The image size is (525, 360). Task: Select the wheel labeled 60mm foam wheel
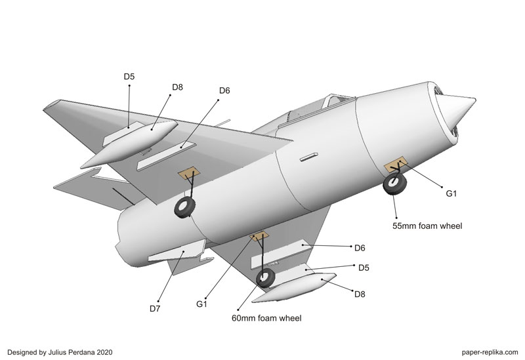(266, 278)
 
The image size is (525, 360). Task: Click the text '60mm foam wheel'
(266, 319)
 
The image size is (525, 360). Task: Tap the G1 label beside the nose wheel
(451, 193)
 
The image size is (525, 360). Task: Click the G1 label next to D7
(202, 304)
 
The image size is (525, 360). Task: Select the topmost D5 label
(129, 77)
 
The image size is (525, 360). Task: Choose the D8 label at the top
(177, 87)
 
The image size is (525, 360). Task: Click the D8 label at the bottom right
(360, 294)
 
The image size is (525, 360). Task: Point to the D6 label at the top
(224, 90)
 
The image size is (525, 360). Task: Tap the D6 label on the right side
(360, 248)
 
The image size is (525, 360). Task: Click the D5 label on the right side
(364, 268)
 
